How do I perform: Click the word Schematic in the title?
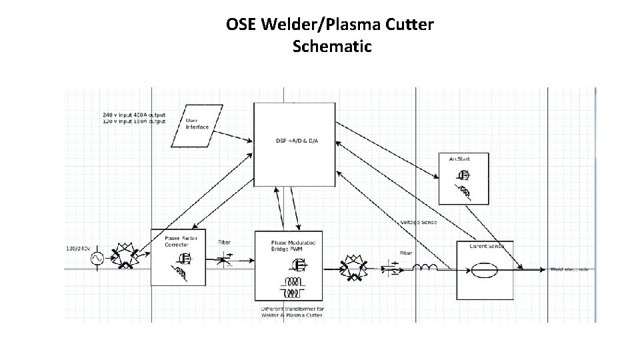tap(331, 47)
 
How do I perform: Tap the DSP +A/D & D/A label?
tap(297, 141)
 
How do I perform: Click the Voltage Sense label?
tap(418, 222)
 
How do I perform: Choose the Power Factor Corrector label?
tap(177, 241)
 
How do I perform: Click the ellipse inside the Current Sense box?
tap(483, 270)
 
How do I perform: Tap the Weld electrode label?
tap(569, 269)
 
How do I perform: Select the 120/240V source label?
tap(79, 248)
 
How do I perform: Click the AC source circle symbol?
tap(95, 258)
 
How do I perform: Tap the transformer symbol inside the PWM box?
tap(292, 287)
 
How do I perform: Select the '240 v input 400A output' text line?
tap(134, 115)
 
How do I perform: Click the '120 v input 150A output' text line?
tap(134, 121)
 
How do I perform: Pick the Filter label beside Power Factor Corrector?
tap(225, 242)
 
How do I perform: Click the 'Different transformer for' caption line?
tap(293, 309)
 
